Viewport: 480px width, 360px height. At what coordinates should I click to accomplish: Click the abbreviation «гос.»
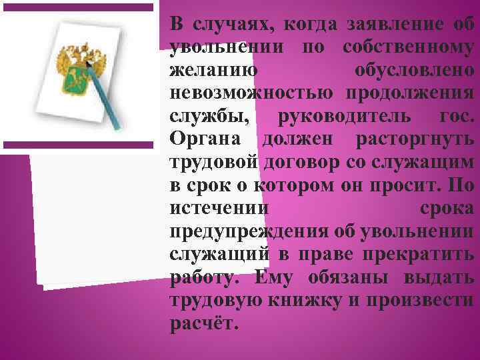click(456, 115)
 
